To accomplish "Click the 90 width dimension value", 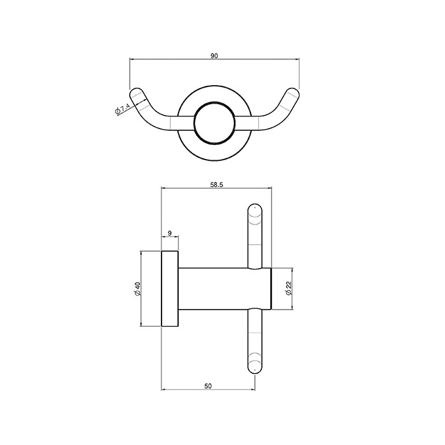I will pos(214,56).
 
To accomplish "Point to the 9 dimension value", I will pos(170,233).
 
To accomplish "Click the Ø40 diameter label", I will pos(136,290).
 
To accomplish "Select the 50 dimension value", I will pos(208,385).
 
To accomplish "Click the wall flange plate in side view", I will pos(170,289).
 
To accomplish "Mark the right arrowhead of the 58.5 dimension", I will pos(270,189).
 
